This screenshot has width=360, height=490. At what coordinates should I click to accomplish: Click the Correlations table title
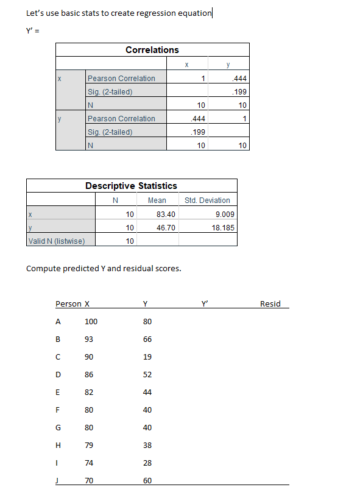pos(152,50)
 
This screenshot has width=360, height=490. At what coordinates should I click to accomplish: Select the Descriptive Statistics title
pos(131,186)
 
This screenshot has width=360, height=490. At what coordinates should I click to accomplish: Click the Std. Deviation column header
pos(207,201)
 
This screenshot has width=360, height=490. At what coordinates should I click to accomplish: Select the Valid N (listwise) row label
pos(57,241)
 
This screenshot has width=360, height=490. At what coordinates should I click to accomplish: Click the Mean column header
pos(157,201)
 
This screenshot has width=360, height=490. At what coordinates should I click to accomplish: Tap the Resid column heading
pos(270,304)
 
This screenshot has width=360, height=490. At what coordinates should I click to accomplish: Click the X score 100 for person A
pos(91,321)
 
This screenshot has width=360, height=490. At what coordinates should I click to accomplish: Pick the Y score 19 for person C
pos(147,357)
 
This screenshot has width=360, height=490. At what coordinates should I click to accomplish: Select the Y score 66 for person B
pos(147,339)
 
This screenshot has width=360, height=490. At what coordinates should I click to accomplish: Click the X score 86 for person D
pos(89,374)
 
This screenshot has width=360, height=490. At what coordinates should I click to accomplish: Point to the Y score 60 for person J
pos(147,480)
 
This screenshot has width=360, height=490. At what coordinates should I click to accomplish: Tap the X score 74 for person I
pos(89,463)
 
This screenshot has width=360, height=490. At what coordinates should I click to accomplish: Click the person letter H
pos(58,445)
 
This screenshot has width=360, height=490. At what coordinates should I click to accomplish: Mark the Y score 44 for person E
pos(147,392)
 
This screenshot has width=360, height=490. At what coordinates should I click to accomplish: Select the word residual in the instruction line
pos(138,268)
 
